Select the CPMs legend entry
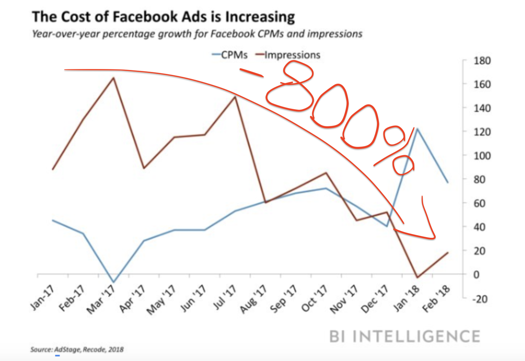click(230, 55)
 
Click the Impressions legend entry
click(288, 55)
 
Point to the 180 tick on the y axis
click(482, 61)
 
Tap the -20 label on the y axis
click(480, 299)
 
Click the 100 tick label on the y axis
click(482, 156)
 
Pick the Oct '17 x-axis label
click(314, 298)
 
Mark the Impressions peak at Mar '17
click(113, 78)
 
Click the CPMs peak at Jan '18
click(417, 129)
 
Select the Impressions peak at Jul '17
click(235, 97)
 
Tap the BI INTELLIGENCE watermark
click(405, 337)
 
